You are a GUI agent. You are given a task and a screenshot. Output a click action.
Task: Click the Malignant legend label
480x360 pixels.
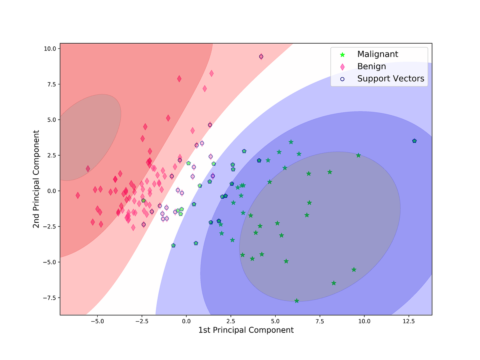click(x=378, y=54)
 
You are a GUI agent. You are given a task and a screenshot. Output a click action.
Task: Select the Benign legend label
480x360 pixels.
click(x=372, y=66)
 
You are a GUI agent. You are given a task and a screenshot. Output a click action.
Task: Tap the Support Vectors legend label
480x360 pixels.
click(x=390, y=78)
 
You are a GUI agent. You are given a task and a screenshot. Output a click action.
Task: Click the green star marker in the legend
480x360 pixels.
click(x=342, y=54)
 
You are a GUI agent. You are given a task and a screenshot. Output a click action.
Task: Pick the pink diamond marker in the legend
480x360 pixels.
click(x=342, y=67)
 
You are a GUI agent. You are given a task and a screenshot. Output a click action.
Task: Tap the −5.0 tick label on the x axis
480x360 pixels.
click(x=97, y=321)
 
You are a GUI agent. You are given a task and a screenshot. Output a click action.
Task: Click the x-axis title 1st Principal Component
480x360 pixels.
click(x=246, y=330)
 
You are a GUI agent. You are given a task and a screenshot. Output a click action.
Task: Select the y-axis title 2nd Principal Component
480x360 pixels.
click(x=36, y=179)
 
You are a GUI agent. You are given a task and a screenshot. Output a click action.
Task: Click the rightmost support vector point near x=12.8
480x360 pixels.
click(x=414, y=141)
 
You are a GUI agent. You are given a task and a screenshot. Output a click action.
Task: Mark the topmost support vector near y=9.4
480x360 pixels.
click(x=261, y=57)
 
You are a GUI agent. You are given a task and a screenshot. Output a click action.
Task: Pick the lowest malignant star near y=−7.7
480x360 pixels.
click(x=296, y=300)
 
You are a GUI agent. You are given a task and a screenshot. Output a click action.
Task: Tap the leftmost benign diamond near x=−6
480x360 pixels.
click(x=78, y=195)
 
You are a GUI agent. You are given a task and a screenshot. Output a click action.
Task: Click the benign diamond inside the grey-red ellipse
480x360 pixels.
click(x=88, y=169)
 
